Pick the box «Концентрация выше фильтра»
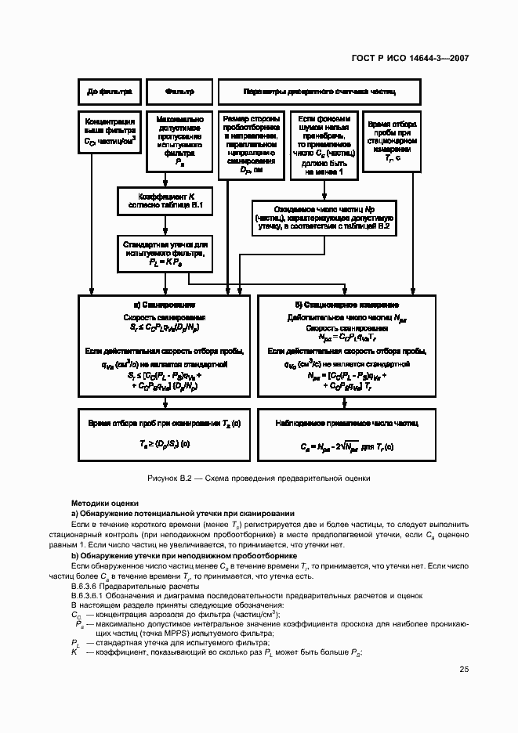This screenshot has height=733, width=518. [x=110, y=132]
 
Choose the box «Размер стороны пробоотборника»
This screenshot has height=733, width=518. [x=252, y=145]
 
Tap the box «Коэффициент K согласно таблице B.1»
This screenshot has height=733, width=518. [x=165, y=200]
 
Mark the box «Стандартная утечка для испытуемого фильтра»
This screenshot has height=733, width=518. [x=165, y=254]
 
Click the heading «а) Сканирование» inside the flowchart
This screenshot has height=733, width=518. [x=165, y=304]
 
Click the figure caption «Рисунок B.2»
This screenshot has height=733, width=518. [x=259, y=477]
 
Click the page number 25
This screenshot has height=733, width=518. [x=464, y=669]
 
